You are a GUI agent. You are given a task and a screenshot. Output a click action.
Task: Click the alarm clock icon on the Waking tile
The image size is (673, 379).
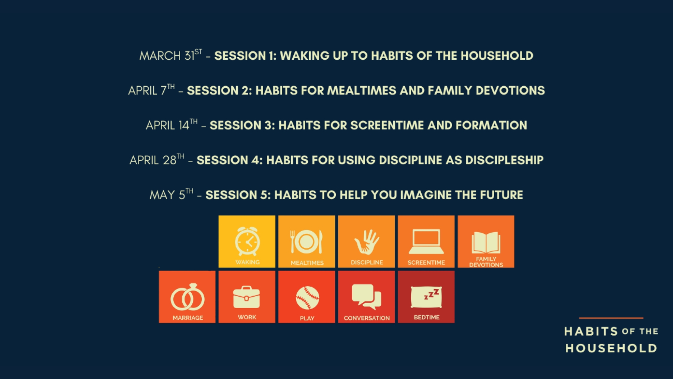click(x=247, y=241)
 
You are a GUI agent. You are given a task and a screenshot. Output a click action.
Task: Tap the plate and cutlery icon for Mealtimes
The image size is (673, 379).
click(x=306, y=241)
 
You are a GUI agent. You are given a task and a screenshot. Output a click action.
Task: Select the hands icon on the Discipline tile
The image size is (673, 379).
click(x=367, y=242)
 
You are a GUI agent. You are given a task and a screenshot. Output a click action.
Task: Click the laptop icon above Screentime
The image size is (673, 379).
click(x=426, y=241)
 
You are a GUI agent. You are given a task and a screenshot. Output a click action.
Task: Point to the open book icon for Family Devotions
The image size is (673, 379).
click(x=486, y=242)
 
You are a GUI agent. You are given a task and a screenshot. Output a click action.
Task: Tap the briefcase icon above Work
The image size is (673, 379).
click(x=247, y=297)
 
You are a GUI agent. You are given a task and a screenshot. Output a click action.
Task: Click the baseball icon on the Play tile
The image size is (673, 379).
click(x=307, y=298)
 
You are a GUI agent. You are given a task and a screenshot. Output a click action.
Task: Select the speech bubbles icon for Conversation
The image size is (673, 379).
click(x=367, y=297)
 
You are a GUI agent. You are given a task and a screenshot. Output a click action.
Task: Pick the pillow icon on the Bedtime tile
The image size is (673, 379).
click(x=426, y=297)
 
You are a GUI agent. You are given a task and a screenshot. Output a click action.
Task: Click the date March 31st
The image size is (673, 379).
click(x=170, y=55)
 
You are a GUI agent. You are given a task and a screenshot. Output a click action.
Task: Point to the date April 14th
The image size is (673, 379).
click(x=171, y=125)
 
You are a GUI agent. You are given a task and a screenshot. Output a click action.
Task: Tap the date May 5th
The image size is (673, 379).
click(x=171, y=194)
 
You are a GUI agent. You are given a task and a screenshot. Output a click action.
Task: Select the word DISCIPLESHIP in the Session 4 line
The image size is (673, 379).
click(x=504, y=160)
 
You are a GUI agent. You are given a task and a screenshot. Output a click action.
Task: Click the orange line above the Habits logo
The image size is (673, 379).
click(x=611, y=318)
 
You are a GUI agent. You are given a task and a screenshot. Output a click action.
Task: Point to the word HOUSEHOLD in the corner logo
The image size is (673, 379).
click(x=611, y=348)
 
